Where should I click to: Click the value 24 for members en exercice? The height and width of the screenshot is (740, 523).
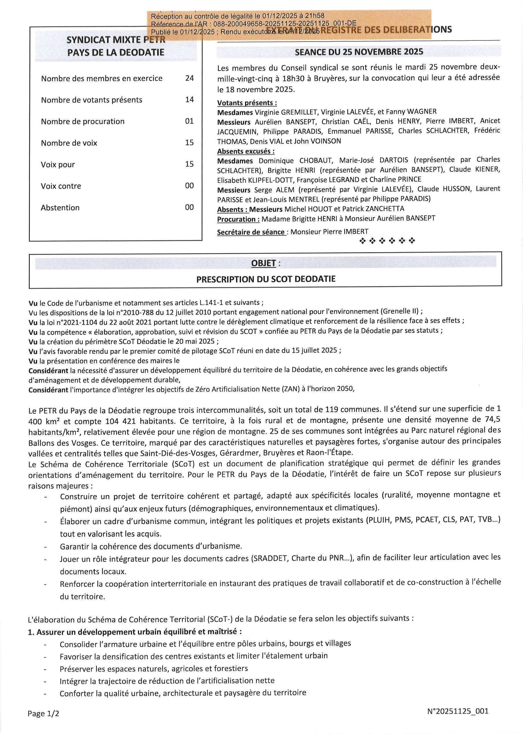pyautogui.click(x=189, y=78)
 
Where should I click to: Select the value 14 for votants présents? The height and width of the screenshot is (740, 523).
pyautogui.click(x=189, y=100)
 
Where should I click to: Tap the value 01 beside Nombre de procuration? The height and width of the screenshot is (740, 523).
pyautogui.click(x=189, y=121)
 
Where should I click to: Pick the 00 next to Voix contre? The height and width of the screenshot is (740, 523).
pyautogui.click(x=189, y=186)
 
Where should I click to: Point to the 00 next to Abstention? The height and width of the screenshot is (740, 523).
pyautogui.click(x=189, y=207)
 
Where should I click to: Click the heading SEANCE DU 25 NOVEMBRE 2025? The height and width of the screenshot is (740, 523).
pyautogui.click(x=359, y=52)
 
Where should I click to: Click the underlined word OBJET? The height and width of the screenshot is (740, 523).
pyautogui.click(x=263, y=263)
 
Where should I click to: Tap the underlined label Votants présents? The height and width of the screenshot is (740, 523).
pyautogui.click(x=247, y=103)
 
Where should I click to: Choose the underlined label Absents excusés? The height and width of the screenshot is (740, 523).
pyautogui.click(x=246, y=151)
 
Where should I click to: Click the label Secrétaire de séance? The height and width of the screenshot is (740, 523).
pyautogui.click(x=251, y=232)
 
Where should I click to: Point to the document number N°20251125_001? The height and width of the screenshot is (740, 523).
pyautogui.click(x=458, y=711)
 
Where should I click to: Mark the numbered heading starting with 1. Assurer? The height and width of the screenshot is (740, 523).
pyautogui.click(x=135, y=631)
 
